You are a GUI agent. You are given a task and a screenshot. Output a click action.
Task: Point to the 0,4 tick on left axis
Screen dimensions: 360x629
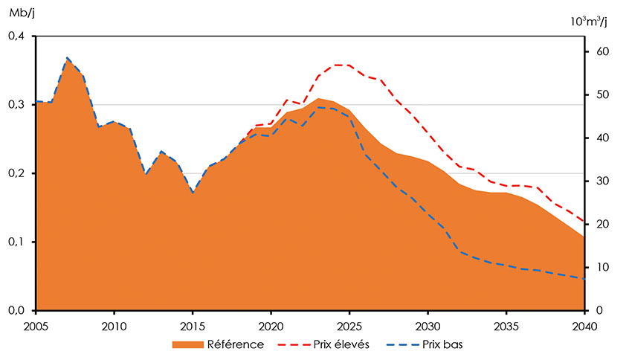16,36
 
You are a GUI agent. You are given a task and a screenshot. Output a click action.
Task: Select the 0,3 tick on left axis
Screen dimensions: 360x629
16,105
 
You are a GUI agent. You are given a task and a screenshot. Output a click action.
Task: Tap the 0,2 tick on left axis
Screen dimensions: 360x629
16,173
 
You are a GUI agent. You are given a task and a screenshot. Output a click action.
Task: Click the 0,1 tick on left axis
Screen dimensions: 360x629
16,242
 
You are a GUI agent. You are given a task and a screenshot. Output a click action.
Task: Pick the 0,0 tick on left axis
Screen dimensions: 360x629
16,310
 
